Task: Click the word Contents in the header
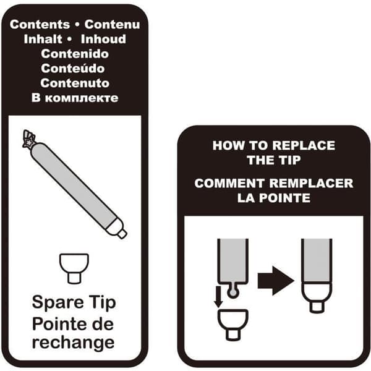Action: click(x=40, y=24)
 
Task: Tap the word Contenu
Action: click(x=112, y=24)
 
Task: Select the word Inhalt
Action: click(x=43, y=39)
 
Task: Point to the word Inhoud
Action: click(x=103, y=39)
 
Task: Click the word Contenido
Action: click(x=75, y=54)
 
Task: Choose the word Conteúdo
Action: click(x=72, y=69)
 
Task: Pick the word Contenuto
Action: click(x=75, y=83)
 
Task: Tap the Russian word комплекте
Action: click(x=82, y=98)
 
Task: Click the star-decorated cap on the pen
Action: click(x=28, y=139)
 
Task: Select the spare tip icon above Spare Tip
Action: click(x=74, y=268)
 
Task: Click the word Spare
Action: click(x=58, y=302)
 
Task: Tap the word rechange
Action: click(x=73, y=343)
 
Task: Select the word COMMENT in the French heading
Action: click(x=229, y=184)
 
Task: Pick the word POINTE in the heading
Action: click(x=284, y=198)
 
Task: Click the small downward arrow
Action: click(x=218, y=297)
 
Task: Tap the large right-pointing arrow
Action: click(x=276, y=281)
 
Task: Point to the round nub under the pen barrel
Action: click(x=232, y=291)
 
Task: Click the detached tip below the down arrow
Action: click(x=233, y=325)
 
